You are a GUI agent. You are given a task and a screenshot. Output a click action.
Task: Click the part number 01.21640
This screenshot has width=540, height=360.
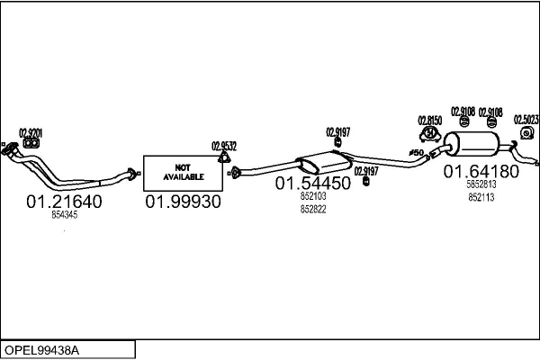click(x=64, y=202)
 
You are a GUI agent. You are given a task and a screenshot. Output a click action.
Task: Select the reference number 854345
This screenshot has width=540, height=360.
click(x=64, y=215)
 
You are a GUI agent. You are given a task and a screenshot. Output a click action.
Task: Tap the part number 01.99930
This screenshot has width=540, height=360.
click(x=183, y=202)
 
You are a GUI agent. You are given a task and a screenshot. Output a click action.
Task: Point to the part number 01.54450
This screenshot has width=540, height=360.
click(x=312, y=184)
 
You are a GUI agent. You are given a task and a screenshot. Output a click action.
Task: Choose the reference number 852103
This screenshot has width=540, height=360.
click(x=313, y=197)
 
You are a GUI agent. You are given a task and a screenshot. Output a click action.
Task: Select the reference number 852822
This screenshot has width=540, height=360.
click(x=313, y=209)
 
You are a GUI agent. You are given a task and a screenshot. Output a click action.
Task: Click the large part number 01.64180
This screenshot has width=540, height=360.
click(x=481, y=172)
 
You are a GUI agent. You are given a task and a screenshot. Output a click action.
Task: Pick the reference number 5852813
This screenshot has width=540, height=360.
click(x=481, y=185)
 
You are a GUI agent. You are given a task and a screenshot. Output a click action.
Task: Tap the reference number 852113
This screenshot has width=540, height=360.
click(x=481, y=197)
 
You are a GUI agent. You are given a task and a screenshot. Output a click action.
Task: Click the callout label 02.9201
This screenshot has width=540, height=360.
click(x=30, y=133)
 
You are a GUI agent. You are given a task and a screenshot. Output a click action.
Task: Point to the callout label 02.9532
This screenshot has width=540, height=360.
click(x=224, y=146)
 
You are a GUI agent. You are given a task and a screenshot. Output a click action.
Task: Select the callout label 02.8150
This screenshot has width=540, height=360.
click(x=429, y=120)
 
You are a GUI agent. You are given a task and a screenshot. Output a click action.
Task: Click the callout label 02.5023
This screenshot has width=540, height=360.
click(x=526, y=119)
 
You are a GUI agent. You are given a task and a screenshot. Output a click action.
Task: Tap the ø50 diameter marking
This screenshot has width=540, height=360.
click(x=416, y=154)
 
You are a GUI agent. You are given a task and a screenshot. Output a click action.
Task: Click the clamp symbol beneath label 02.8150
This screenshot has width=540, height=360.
click(x=429, y=134)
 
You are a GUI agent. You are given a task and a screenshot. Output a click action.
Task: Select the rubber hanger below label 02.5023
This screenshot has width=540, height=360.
click(x=526, y=134)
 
